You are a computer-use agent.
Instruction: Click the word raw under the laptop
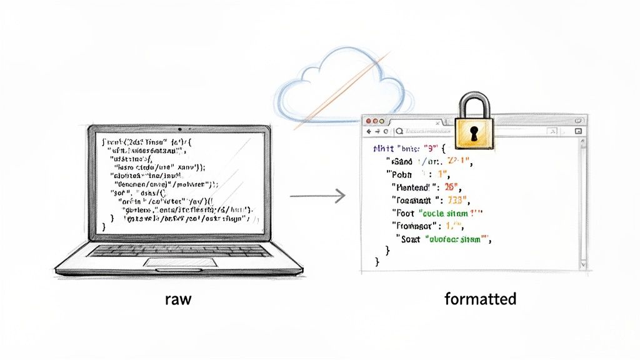tap(178, 299)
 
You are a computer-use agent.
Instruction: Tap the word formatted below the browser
tap(480, 299)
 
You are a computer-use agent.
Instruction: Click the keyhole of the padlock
tap(474, 132)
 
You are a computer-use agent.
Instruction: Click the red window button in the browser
tap(368, 120)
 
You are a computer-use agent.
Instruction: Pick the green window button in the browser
tap(383, 120)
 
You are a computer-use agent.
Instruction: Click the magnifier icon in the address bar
tap(399, 132)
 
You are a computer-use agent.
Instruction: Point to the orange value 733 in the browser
tap(454, 200)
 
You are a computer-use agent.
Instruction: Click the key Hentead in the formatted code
tap(413, 187)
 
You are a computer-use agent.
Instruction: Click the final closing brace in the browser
tap(377, 262)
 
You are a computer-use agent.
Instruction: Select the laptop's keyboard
tap(181, 250)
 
